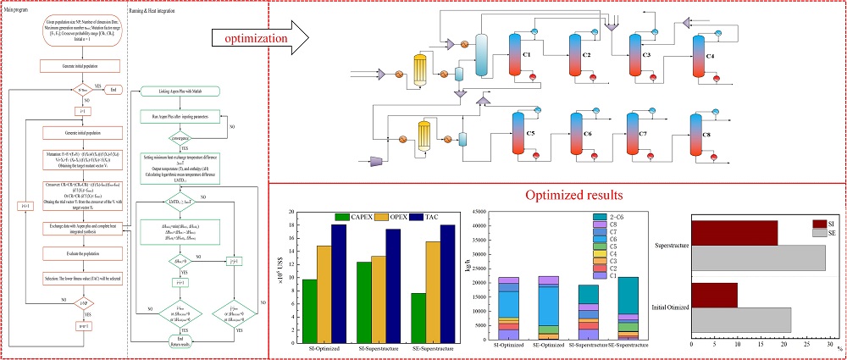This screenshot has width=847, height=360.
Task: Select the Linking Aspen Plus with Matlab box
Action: (x=177, y=91)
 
